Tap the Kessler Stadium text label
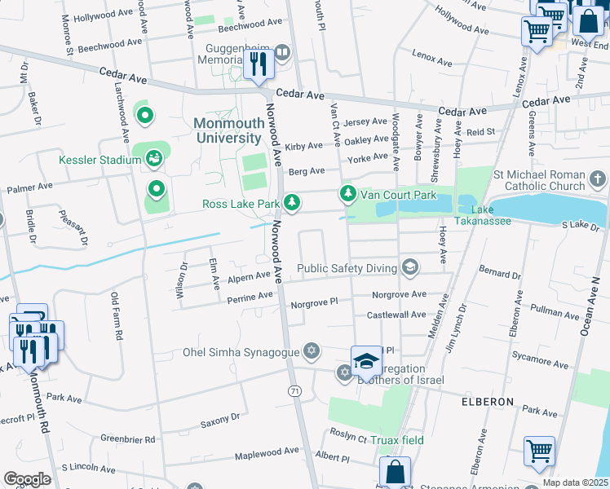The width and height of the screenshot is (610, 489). pyautogui.click(x=99, y=160)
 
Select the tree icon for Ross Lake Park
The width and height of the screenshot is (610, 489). pyautogui.click(x=291, y=202)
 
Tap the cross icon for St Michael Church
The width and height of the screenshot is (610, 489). pyautogui.click(x=597, y=178)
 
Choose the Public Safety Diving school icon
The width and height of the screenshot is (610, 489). pyautogui.click(x=409, y=268)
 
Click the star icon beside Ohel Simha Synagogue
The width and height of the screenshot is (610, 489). pyautogui.click(x=311, y=352)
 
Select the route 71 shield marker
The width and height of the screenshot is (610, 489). pyautogui.click(x=294, y=391)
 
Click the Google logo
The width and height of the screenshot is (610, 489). pyautogui.click(x=27, y=479)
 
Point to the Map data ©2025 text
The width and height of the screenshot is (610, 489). pyautogui.click(x=575, y=482)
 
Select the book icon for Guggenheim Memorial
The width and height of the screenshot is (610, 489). pyautogui.click(x=282, y=54)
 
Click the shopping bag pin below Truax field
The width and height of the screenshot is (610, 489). pyautogui.click(x=395, y=472)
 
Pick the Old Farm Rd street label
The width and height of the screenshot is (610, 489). pyautogui.click(x=117, y=316)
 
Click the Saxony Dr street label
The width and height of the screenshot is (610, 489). pyautogui.click(x=220, y=420)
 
